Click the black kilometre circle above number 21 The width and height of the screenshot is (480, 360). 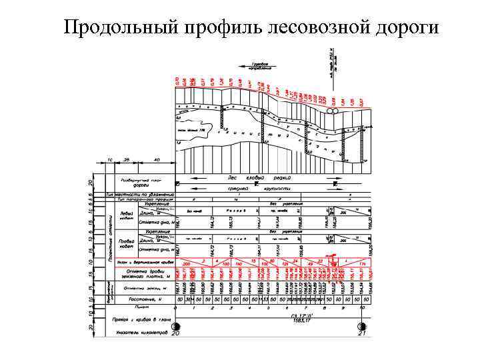(x=362, y=327)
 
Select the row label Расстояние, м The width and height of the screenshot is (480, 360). (x=141, y=299)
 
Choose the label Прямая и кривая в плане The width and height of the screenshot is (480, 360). (x=141, y=320)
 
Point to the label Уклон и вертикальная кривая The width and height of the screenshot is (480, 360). (x=142, y=262)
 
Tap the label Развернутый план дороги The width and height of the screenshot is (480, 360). (x=141, y=183)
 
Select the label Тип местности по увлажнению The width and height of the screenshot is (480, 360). (x=141, y=194)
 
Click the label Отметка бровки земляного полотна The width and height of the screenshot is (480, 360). (x=141, y=275)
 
